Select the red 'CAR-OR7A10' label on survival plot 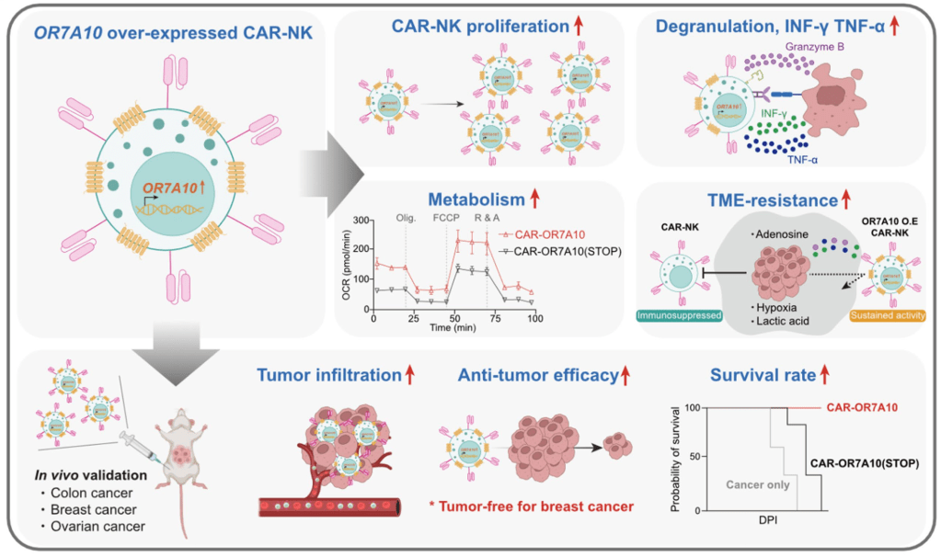[x=861, y=406]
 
